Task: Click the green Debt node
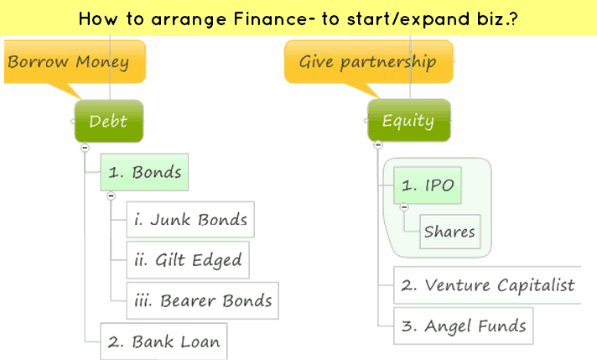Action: click(109, 121)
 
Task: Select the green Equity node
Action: click(408, 121)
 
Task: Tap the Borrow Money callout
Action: click(69, 61)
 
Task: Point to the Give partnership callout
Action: click(368, 61)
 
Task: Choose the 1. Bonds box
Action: click(144, 173)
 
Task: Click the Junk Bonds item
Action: click(190, 220)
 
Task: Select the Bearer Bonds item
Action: click(202, 300)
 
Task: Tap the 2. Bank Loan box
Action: click(164, 342)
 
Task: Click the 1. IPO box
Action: click(428, 185)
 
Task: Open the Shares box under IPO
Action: click(449, 232)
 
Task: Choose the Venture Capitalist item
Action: click(487, 285)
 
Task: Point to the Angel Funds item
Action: click(463, 326)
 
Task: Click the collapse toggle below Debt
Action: click(85, 148)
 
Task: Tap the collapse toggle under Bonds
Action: click(111, 196)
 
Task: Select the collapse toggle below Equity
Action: click(378, 145)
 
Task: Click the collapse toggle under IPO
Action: click(404, 207)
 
